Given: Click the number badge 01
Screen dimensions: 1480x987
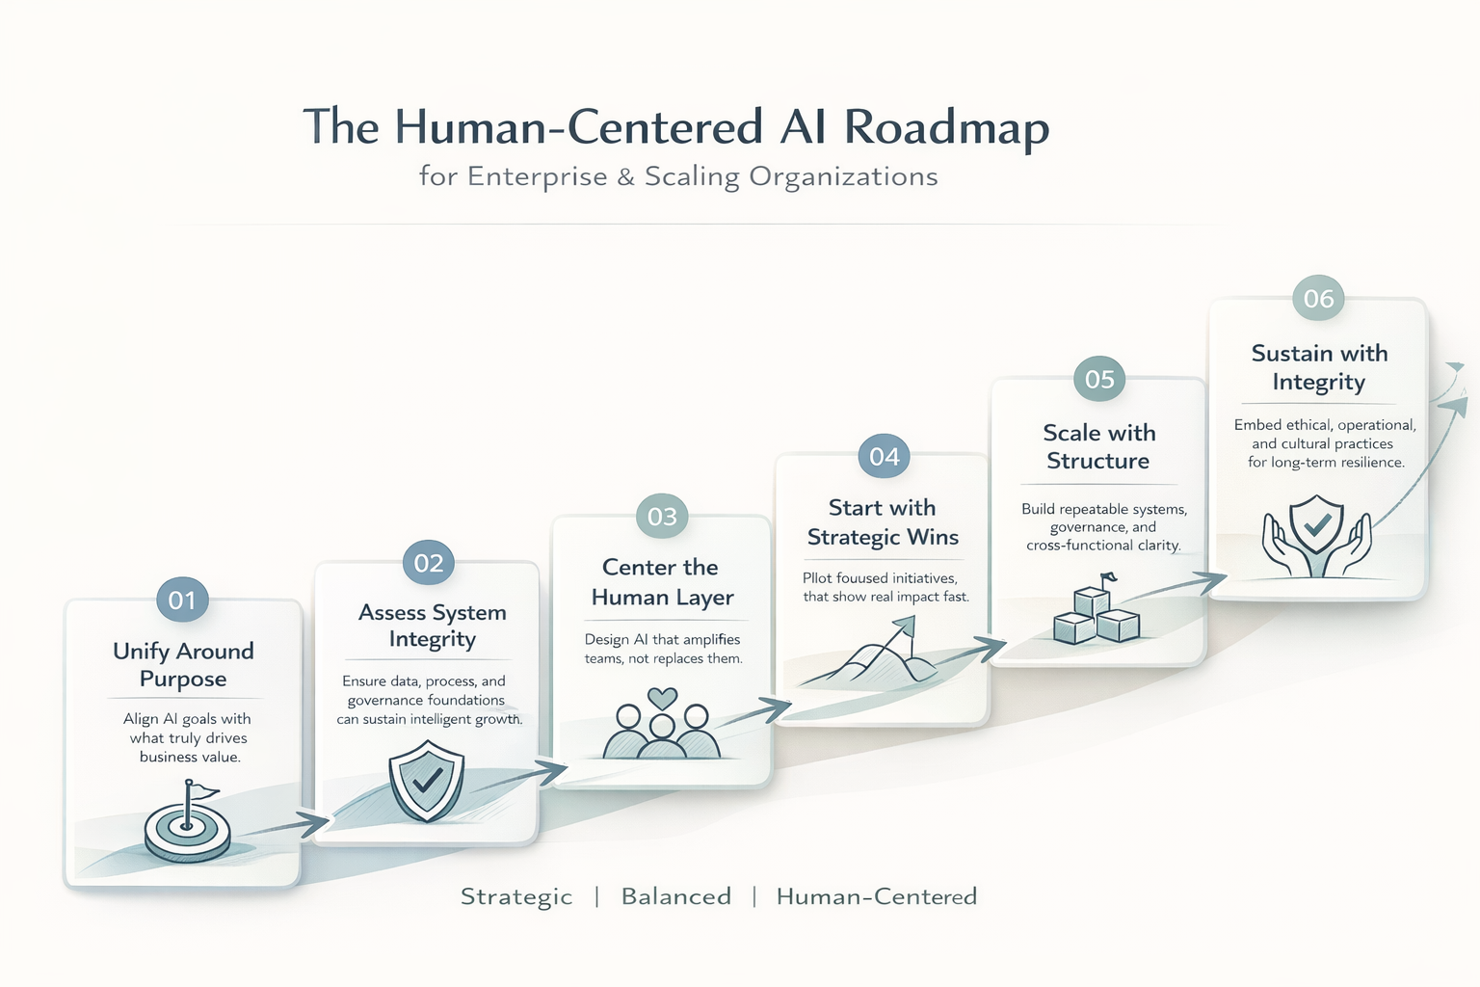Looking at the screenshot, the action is pos(182,600).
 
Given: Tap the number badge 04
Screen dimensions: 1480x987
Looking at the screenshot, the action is pos(884,457).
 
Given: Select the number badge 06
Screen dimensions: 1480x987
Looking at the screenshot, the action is pos(1318,299).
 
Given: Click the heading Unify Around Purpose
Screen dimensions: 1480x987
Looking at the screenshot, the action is pos(183,664).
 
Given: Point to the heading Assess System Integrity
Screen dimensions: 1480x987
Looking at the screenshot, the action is pos(433,626).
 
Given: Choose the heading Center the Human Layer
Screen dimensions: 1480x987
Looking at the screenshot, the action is pos(662,582).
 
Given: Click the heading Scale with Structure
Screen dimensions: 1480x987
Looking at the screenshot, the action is pos(1098,446).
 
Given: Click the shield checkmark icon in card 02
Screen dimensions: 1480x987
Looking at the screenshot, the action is pos(426,781).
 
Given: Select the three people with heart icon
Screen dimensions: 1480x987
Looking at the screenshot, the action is pos(661,725).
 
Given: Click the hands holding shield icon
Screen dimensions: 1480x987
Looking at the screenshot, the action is pos(1317,536).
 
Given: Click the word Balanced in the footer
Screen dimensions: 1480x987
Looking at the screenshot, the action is pos(675,896).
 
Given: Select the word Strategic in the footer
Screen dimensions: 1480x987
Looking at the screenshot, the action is pos(516,896).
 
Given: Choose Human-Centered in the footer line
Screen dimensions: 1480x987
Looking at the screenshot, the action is pos(876,896).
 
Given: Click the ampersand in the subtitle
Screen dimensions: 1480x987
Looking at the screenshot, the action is pos(626,177).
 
